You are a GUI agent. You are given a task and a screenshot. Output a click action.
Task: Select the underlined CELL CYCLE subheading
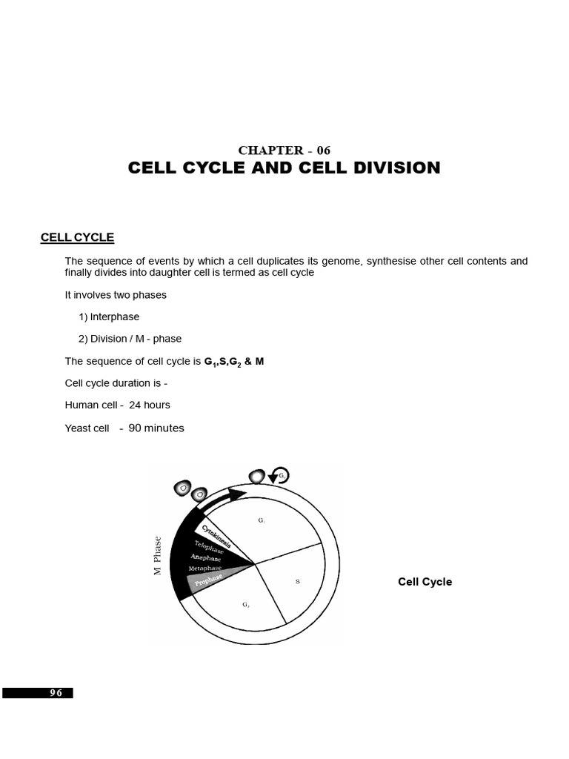77,237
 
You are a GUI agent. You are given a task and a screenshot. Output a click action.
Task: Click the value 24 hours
149,405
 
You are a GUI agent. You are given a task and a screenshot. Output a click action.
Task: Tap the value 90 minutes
156,428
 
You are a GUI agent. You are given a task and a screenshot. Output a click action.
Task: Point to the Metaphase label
206,569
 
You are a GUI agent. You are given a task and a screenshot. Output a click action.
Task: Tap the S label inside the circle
297,581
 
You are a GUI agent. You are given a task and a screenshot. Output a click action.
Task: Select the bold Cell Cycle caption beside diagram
425,582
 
